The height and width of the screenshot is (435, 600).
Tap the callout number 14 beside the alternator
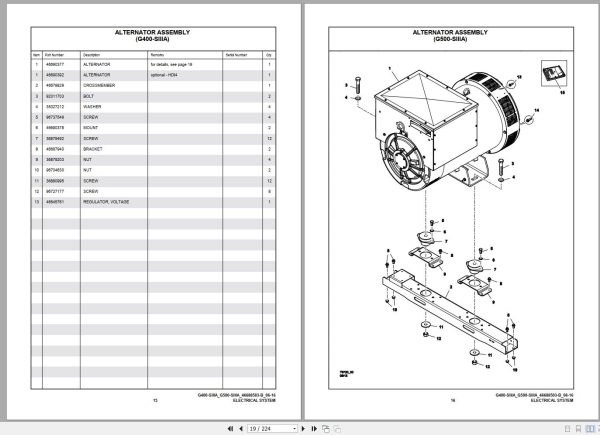[535, 111]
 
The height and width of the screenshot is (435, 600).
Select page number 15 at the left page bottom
[156, 401]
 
